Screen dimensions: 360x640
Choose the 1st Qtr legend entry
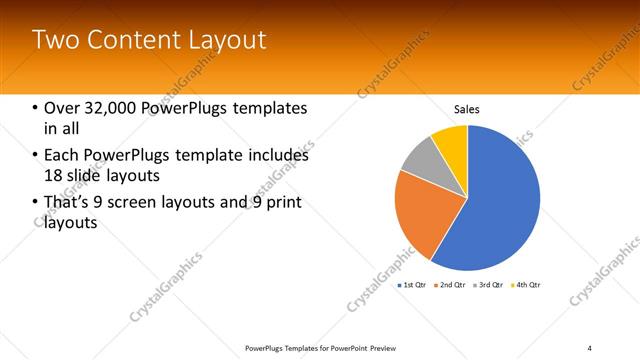[x=413, y=285]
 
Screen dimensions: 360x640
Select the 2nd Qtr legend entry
[x=452, y=285]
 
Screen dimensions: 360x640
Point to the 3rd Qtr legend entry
[x=490, y=285]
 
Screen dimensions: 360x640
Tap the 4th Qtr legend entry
[x=527, y=285]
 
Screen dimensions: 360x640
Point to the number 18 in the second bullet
[x=53, y=174]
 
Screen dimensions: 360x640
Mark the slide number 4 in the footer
[x=589, y=347]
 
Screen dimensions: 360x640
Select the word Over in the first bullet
[x=60, y=108]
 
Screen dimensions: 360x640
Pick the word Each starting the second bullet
[x=61, y=155]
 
